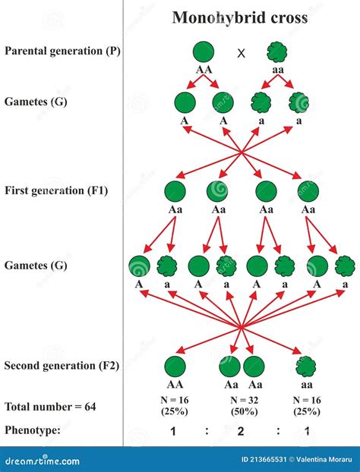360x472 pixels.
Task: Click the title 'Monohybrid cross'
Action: [240, 17]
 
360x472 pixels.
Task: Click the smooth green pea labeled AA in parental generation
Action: [203, 52]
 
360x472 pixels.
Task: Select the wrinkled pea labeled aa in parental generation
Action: [277, 52]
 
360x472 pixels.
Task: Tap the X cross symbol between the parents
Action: [242, 53]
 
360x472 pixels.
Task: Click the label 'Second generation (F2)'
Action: [62, 366]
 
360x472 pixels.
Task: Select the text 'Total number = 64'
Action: [50, 407]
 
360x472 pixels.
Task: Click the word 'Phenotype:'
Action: [33, 430]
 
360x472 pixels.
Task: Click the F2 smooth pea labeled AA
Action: [175, 367]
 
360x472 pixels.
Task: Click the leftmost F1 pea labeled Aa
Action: [175, 191]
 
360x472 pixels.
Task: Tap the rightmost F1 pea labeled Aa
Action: [308, 191]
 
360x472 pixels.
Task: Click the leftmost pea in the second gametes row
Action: [139, 266]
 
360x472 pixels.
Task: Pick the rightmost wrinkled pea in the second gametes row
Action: [345, 266]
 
